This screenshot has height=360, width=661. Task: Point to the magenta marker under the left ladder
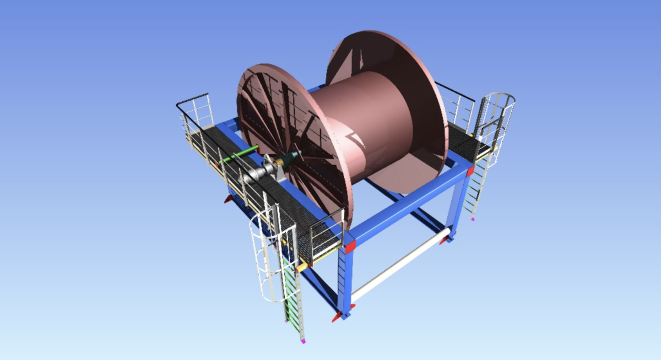[x=303, y=341]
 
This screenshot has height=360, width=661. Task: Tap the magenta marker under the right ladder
[x=473, y=219]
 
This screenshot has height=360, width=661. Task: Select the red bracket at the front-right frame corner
[x=470, y=171]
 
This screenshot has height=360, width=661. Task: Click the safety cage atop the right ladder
[x=499, y=113]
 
